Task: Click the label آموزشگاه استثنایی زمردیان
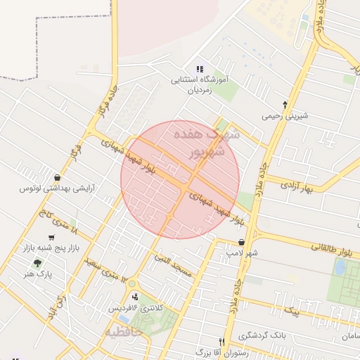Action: click(200, 85)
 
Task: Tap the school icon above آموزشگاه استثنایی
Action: click(200, 70)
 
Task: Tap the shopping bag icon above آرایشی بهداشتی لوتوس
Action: click(57, 177)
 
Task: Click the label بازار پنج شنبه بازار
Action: click(51, 249)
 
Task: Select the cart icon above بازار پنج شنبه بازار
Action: click(51, 238)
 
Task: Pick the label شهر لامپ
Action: click(242, 252)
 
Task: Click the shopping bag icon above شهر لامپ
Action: click(242, 241)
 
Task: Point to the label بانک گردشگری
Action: click(281, 335)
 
